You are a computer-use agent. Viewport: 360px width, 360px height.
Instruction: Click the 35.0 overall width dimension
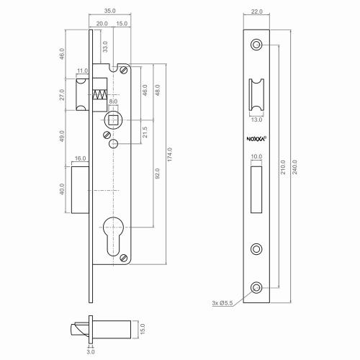click(x=110, y=12)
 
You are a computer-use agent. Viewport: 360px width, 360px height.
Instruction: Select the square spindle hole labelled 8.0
click(x=112, y=120)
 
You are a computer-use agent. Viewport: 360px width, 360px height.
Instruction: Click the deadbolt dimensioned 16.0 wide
click(x=78, y=189)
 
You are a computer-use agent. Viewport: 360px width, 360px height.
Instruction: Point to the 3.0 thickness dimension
click(x=90, y=351)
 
